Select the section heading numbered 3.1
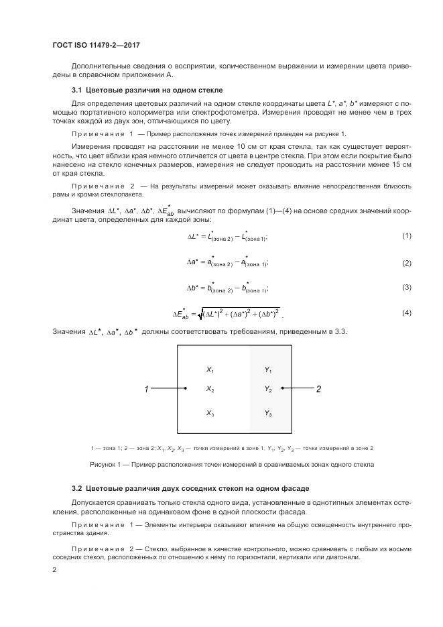click(x=147, y=89)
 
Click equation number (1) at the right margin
click(x=406, y=236)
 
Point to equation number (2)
click(x=406, y=263)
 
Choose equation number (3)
click(x=406, y=288)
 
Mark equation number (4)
click(x=406, y=313)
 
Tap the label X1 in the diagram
click(x=210, y=369)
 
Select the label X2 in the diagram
click(x=210, y=389)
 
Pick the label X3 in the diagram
click(x=210, y=413)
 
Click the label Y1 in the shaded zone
click(x=268, y=369)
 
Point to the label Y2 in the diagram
click(x=268, y=389)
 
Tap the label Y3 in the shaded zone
click(x=268, y=413)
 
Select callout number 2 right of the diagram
click(x=318, y=389)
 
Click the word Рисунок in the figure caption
click(x=104, y=464)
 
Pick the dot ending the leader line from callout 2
click(x=283, y=388)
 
